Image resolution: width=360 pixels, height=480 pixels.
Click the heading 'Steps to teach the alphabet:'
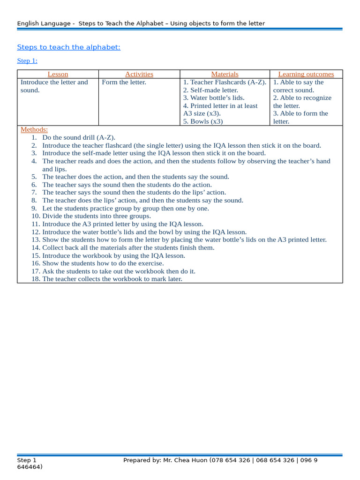pos(68,47)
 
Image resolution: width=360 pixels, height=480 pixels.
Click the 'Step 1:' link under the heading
pos(27,61)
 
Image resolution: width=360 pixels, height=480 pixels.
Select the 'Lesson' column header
pos(58,74)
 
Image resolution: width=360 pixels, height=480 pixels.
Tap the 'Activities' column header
pos(139,74)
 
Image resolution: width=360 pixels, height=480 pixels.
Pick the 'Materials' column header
pos(225,74)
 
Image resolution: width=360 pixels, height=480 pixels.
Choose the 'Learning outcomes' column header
pos(306,74)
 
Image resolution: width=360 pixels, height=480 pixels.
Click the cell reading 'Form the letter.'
pos(124,82)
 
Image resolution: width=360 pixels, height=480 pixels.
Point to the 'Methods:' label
pos(34,130)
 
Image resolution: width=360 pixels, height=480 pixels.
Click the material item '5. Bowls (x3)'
pos(203,121)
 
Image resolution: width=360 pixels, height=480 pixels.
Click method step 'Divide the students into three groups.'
pos(97,216)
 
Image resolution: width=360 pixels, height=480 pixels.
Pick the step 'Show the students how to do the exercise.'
pos(103,263)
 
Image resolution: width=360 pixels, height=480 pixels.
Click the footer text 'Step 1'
pos(27,460)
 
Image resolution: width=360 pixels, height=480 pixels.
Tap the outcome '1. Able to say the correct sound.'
pos(299,86)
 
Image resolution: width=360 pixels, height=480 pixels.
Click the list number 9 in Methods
pos(34,208)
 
